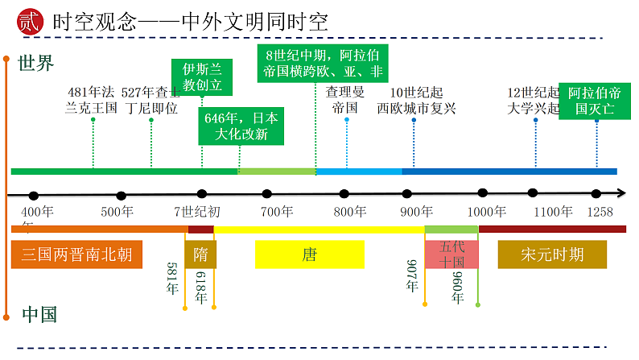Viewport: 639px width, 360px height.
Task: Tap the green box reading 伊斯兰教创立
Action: (x=202, y=77)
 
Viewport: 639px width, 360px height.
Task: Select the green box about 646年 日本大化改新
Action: (x=241, y=126)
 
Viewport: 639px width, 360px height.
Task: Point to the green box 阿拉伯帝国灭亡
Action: (x=595, y=101)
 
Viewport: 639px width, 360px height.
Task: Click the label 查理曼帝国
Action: (x=346, y=101)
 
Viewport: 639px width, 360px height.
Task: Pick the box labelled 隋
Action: (x=200, y=255)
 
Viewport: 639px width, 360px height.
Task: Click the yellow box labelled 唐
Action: (x=310, y=255)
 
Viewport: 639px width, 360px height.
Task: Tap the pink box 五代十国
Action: (x=451, y=254)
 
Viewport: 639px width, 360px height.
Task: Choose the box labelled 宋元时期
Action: (x=552, y=255)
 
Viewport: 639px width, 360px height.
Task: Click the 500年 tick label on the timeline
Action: (x=117, y=213)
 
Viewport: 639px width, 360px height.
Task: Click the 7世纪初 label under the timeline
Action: (x=196, y=213)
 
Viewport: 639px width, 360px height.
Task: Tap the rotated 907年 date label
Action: (x=411, y=276)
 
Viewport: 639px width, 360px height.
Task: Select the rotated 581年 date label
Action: (x=171, y=278)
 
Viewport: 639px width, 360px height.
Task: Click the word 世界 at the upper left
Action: (x=36, y=63)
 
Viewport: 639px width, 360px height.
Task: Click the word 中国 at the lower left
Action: (x=39, y=314)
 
